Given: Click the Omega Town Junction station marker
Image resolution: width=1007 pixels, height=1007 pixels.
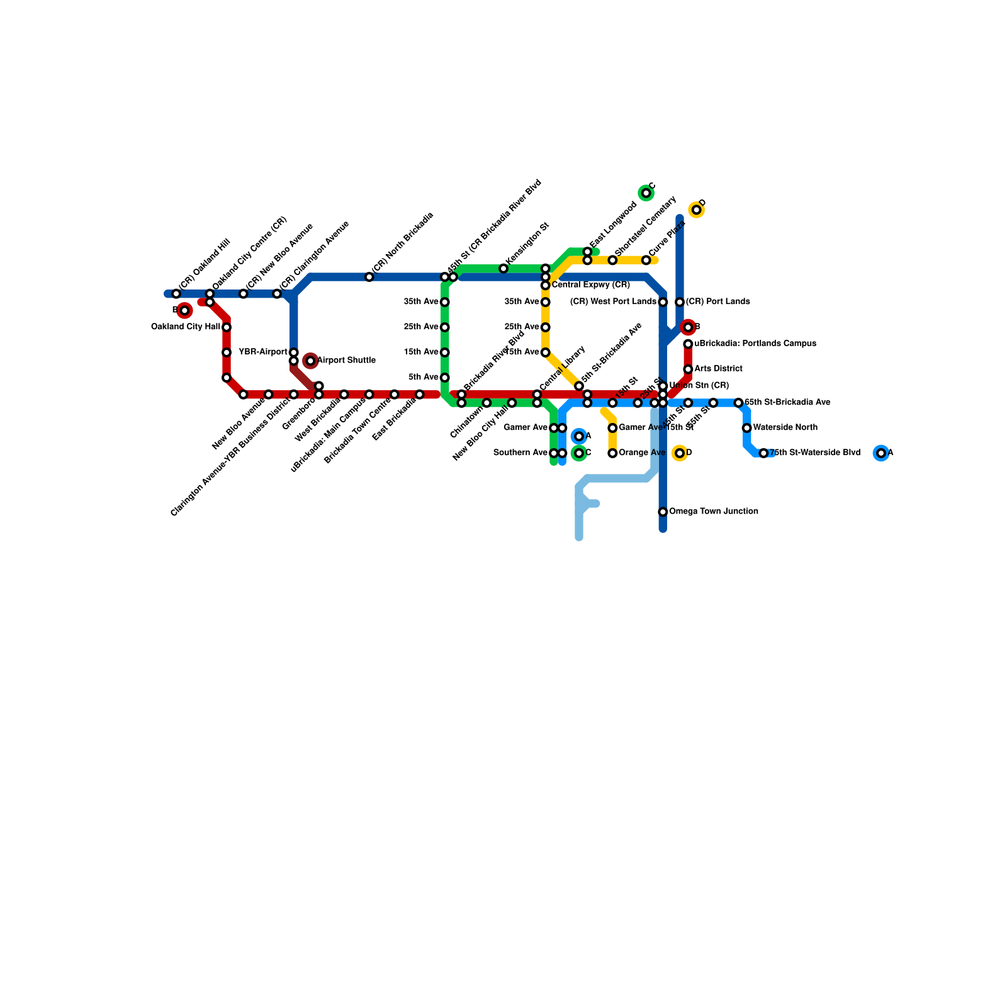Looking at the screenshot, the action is coord(663,512).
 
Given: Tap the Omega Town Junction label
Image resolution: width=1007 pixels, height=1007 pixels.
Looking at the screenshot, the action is coord(713,512).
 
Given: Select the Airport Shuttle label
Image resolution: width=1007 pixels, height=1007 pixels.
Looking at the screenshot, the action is coord(346,361).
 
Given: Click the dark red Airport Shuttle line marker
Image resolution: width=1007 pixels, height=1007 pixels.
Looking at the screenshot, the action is coord(310,361).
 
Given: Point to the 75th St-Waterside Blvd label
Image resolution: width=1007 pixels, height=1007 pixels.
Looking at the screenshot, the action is coord(814,453).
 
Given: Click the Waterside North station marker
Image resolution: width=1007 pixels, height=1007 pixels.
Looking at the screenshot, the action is coord(746,428).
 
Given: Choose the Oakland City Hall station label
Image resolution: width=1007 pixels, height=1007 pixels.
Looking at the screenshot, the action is coord(186,327).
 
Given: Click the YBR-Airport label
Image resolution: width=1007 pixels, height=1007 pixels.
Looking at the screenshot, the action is coord(263,352).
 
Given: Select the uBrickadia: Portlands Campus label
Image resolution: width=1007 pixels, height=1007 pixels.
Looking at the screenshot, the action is coord(755,344).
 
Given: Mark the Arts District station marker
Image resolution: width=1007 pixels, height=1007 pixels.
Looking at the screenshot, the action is coord(688,369).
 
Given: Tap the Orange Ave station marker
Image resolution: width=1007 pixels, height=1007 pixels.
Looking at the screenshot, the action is coord(612,453).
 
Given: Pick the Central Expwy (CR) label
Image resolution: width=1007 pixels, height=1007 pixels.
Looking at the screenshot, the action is coord(590,286).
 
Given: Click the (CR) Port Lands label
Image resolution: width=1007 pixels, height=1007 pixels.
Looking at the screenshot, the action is coord(717,302).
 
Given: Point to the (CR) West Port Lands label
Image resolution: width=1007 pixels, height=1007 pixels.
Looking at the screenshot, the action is coord(613,302).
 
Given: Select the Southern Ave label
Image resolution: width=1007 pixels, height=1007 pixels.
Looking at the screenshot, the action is coord(520,453).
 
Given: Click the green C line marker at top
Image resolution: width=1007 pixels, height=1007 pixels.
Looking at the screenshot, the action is coord(646,193).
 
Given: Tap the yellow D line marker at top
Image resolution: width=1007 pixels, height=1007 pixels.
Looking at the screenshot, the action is coord(696,210).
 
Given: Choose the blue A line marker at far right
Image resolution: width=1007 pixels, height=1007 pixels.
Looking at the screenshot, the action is coord(881,453).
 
